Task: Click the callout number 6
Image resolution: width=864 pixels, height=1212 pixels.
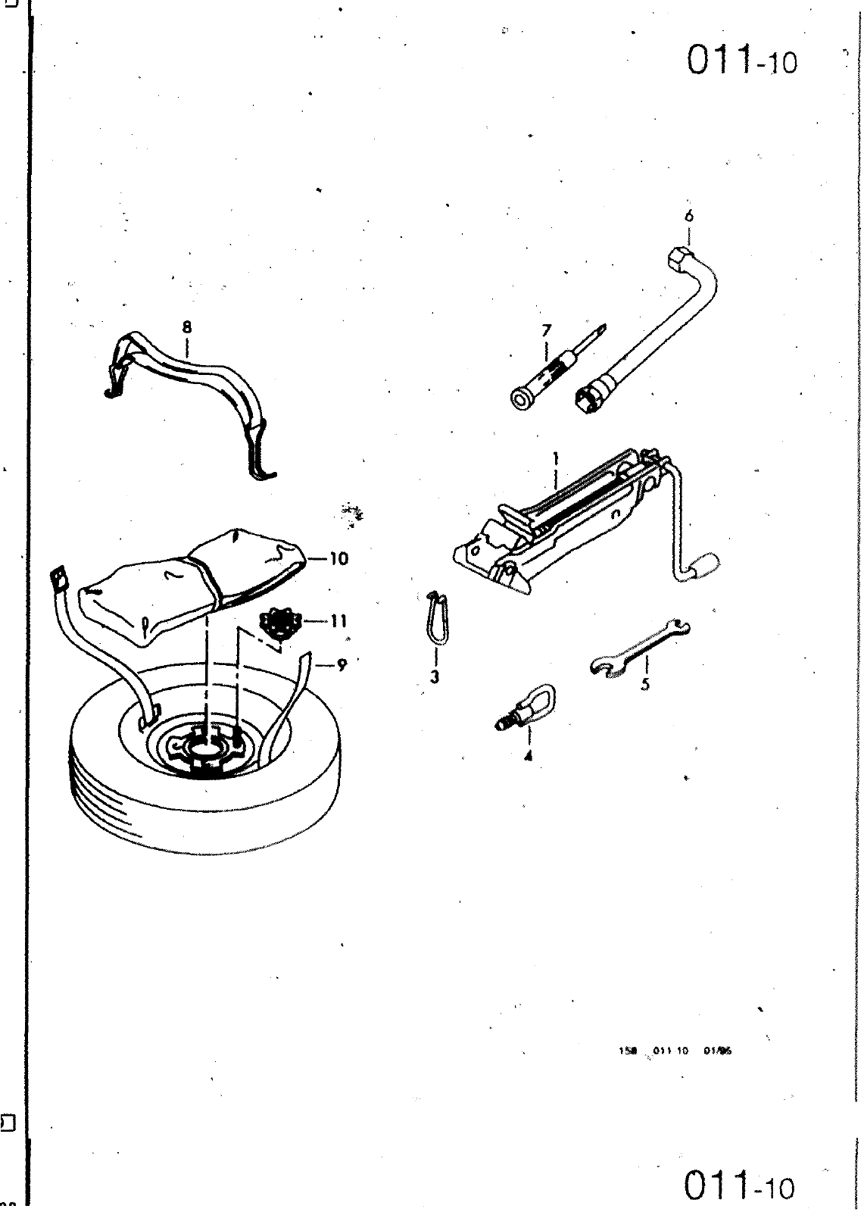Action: click(x=688, y=215)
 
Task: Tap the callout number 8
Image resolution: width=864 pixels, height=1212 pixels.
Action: click(x=187, y=327)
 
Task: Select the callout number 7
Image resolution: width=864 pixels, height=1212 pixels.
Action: click(x=547, y=330)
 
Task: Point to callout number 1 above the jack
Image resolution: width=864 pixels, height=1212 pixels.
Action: click(x=556, y=458)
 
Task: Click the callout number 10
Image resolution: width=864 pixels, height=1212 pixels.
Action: click(x=338, y=559)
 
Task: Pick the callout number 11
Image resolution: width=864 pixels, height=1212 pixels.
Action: click(x=338, y=621)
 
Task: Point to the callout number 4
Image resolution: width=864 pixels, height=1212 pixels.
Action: click(x=528, y=754)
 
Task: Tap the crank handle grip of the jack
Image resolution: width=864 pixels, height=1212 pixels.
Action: click(x=703, y=564)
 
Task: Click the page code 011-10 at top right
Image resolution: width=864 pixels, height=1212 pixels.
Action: click(x=741, y=61)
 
